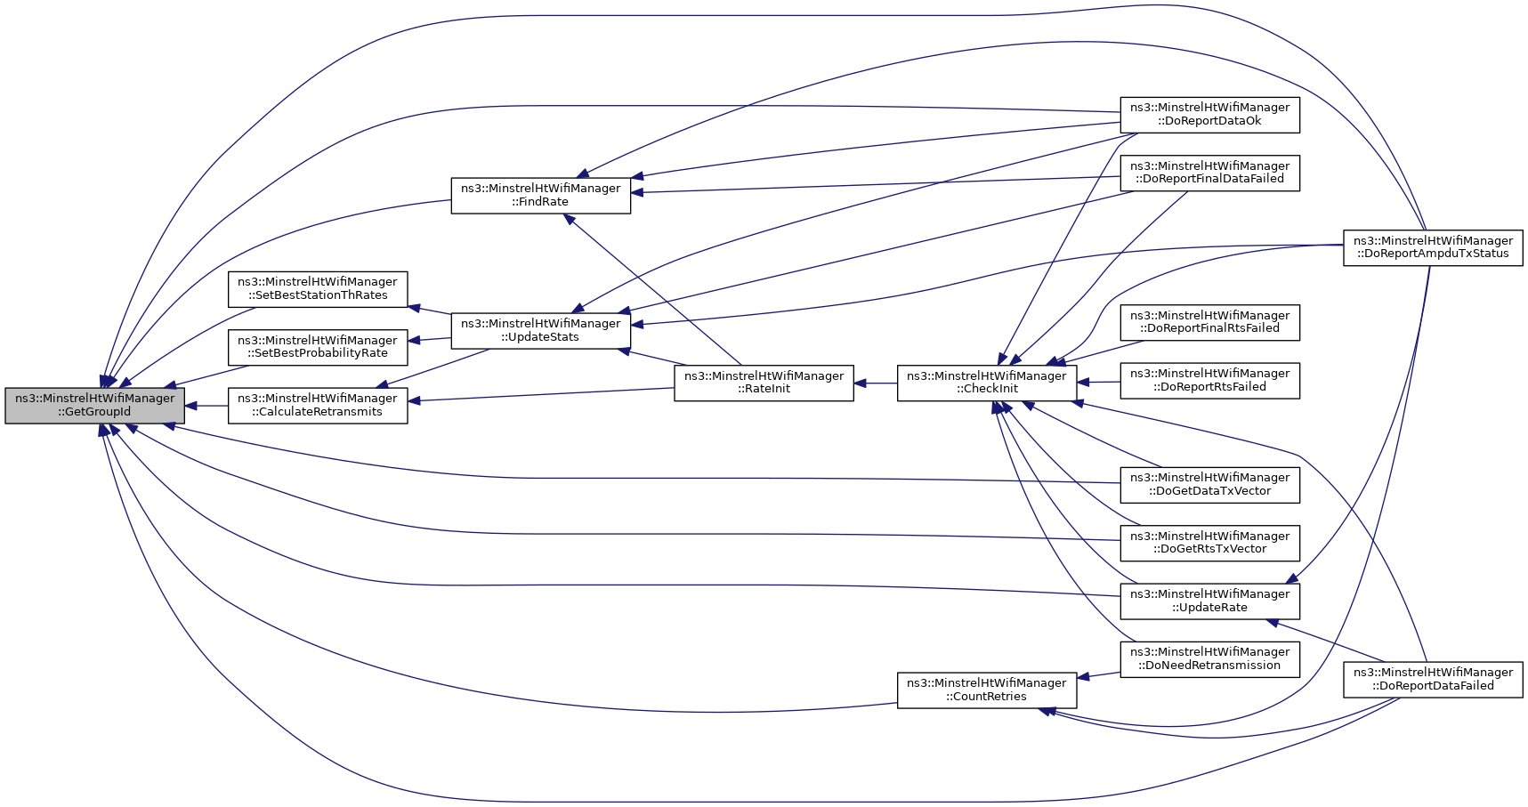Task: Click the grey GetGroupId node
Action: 94,406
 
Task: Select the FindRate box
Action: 540,196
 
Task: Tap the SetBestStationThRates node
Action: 318,289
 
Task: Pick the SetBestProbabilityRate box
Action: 318,347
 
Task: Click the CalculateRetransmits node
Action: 318,406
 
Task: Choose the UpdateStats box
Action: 540,331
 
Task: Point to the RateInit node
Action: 764,383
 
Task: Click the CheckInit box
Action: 987,383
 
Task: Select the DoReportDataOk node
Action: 1209,115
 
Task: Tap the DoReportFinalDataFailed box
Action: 1209,173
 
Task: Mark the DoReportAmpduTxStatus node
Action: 1433,247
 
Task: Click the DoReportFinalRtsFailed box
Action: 1209,322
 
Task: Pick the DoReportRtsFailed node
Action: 1209,380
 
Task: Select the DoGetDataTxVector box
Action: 1209,485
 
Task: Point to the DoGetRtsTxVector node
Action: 1209,543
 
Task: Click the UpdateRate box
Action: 1209,601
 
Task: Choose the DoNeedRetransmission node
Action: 1209,659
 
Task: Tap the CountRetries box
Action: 987,690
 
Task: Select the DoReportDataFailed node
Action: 1433,680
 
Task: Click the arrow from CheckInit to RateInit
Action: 876,383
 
